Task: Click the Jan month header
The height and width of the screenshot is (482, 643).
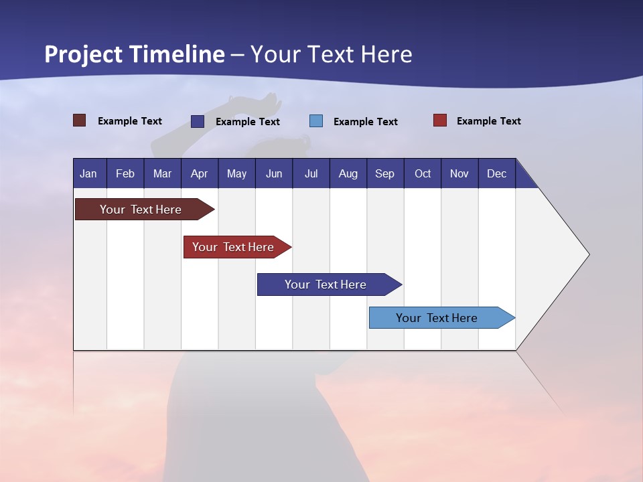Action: tap(89, 173)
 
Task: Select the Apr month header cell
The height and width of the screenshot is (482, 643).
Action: tap(200, 173)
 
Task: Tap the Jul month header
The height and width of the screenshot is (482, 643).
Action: tap(311, 173)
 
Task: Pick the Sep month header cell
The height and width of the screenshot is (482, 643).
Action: tap(385, 173)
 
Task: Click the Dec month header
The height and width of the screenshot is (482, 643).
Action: tap(497, 173)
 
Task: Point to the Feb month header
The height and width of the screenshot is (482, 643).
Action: tap(125, 173)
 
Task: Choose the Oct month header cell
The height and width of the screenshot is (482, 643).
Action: tap(423, 173)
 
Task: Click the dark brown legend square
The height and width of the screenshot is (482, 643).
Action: tap(79, 120)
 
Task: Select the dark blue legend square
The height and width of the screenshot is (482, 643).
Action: tap(198, 121)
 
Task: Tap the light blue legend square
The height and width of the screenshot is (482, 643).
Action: tap(316, 121)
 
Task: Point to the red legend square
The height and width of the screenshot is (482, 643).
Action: tap(440, 120)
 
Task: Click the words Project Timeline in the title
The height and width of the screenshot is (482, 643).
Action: tap(135, 54)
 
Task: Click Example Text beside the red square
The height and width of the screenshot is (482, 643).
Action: tap(488, 121)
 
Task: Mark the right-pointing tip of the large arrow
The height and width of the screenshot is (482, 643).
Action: tap(587, 254)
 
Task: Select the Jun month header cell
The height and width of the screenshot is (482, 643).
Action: tap(274, 173)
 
